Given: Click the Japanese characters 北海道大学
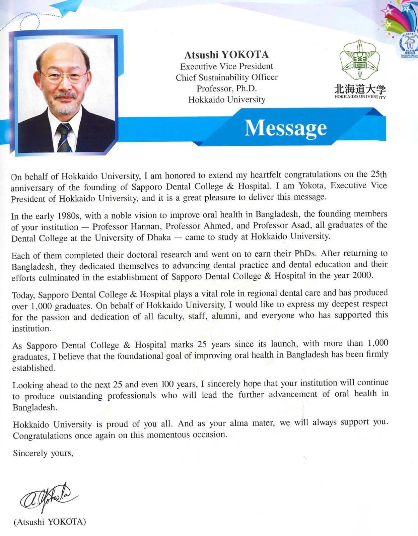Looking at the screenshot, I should [360, 89].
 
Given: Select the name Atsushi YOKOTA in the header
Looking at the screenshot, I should [226, 55].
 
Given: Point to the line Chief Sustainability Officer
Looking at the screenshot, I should [227, 77].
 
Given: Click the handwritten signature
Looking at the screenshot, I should [49, 497].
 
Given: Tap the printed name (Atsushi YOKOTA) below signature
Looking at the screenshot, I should [50, 522].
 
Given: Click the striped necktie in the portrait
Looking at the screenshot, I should [64, 138].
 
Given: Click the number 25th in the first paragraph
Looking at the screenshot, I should [378, 174].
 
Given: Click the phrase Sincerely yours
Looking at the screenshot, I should [43, 453].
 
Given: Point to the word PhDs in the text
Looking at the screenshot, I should [305, 253].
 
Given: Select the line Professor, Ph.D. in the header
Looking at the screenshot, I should [227, 88].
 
